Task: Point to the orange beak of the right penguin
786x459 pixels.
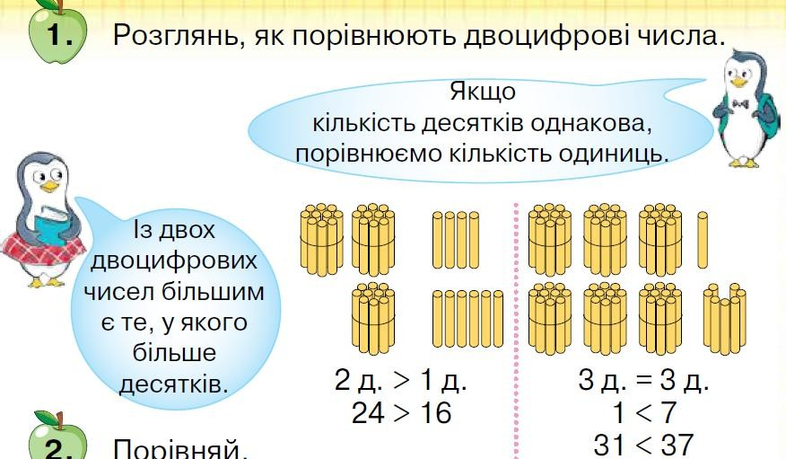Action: tap(738, 82)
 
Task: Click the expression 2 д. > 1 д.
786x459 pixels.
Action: tap(400, 381)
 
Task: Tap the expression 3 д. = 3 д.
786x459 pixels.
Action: tap(643, 381)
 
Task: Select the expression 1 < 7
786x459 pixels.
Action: tap(644, 413)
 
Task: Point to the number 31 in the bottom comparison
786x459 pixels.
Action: tap(613, 444)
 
